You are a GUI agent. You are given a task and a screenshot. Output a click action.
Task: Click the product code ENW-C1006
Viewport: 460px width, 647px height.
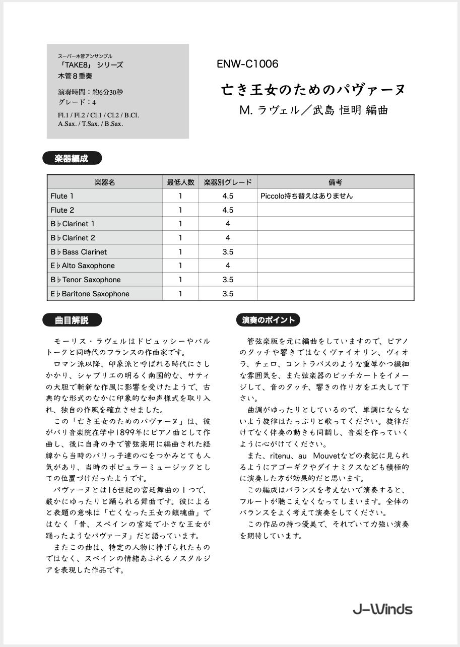pyautogui.click(x=247, y=64)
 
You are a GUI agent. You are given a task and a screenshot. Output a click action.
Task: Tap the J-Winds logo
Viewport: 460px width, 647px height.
pyautogui.click(x=382, y=609)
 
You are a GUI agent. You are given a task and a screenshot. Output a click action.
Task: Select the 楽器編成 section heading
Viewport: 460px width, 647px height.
pyautogui.click(x=72, y=159)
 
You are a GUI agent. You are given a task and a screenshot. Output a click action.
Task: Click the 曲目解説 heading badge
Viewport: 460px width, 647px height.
pyautogui.click(x=72, y=320)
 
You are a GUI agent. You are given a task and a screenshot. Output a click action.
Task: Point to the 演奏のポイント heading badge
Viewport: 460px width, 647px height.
pyautogui.click(x=268, y=320)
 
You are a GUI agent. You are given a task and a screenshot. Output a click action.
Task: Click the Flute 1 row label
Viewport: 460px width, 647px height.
pyautogui.click(x=62, y=196)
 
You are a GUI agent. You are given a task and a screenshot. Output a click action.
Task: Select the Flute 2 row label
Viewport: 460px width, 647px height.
pyautogui.click(x=62, y=210)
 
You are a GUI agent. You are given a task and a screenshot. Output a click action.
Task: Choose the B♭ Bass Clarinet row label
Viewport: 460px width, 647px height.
pyautogui.click(x=79, y=252)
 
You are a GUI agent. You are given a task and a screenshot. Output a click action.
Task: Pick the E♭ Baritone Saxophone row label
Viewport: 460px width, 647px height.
pyautogui.click(x=90, y=294)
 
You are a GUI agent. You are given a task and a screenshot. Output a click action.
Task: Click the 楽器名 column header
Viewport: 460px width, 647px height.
pyautogui.click(x=105, y=182)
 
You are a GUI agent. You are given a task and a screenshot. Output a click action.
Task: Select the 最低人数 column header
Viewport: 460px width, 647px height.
pyautogui.click(x=180, y=182)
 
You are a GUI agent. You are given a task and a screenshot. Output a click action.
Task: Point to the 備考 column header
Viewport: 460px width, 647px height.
pyautogui.click(x=335, y=182)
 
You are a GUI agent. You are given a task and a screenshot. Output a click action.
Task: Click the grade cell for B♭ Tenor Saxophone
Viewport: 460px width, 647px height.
pyautogui.click(x=228, y=280)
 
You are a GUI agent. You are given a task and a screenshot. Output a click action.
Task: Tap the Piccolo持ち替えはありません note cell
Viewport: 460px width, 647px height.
pyautogui.click(x=306, y=196)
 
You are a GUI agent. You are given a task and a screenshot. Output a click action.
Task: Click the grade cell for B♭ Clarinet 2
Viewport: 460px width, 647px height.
pyautogui.click(x=228, y=238)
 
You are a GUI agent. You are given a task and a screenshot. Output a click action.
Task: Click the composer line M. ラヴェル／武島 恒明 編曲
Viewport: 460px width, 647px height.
pyautogui.click(x=313, y=110)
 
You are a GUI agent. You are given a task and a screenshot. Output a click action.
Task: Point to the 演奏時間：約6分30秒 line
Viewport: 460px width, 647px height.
pyautogui.click(x=91, y=92)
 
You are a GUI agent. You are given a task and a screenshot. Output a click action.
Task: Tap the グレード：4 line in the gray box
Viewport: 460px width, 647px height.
pyautogui.click(x=77, y=102)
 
